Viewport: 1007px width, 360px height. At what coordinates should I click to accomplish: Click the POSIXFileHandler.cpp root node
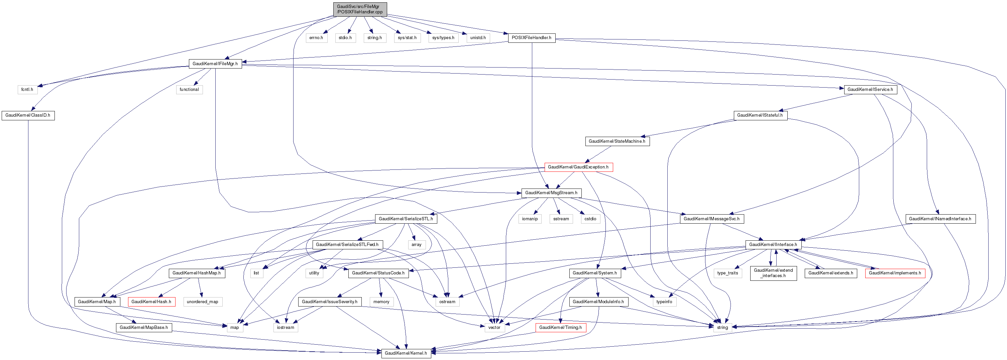click(360, 9)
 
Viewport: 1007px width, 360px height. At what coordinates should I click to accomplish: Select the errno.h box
click(316, 38)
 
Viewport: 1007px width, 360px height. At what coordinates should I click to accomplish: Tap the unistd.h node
click(478, 38)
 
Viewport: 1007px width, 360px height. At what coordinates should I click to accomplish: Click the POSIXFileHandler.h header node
click(531, 38)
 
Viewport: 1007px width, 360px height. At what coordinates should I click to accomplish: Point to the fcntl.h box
click(27, 90)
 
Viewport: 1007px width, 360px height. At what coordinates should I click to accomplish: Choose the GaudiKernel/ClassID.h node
click(28, 115)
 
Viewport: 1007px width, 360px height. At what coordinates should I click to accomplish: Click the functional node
click(189, 90)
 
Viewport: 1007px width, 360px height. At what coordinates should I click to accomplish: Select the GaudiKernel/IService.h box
click(870, 90)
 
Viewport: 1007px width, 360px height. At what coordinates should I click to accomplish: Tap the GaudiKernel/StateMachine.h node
click(617, 141)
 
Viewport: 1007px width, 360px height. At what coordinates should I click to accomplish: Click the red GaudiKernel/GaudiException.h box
click(578, 167)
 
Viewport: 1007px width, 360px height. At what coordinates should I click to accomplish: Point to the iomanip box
click(530, 219)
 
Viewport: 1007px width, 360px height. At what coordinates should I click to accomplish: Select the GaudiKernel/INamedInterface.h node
click(940, 219)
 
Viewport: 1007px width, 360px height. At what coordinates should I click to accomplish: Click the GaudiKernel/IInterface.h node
click(773, 245)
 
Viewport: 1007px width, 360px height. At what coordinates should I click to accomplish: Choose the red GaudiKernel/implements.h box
click(895, 273)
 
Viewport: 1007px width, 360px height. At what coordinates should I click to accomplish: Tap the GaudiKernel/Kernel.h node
click(406, 353)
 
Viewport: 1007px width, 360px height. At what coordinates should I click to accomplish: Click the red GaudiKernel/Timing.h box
click(560, 328)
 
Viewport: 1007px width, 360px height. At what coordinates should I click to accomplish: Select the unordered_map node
click(203, 302)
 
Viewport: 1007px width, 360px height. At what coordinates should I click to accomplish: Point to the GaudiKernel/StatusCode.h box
click(378, 273)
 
